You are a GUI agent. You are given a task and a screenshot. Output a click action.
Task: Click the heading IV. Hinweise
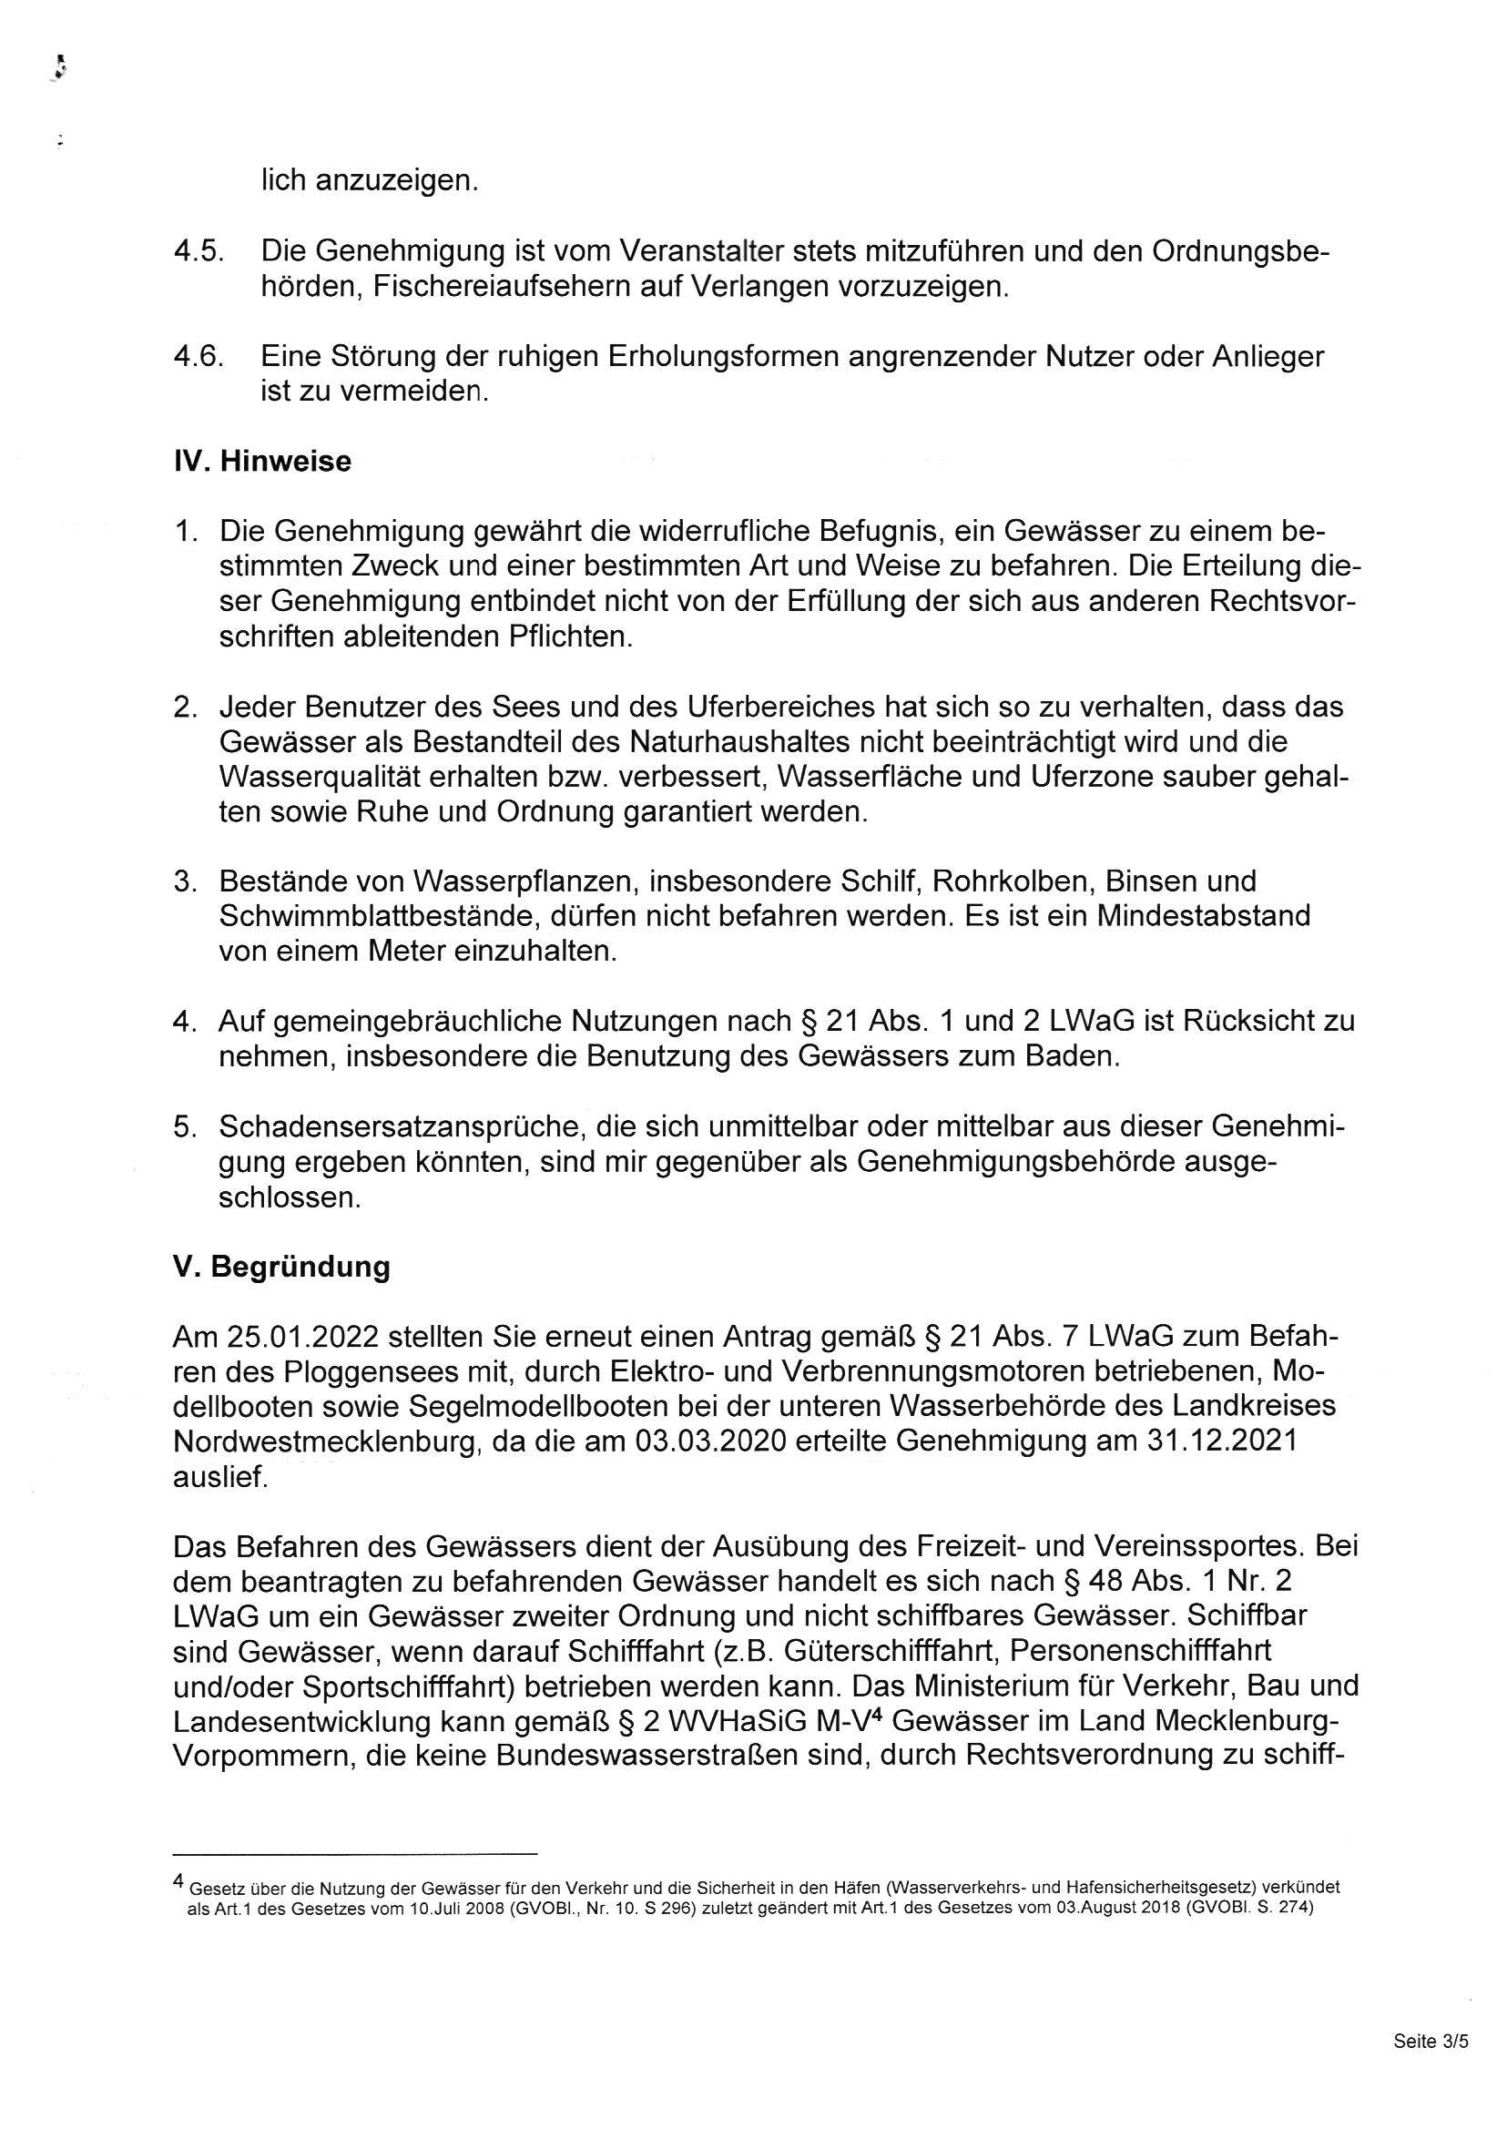point(262,462)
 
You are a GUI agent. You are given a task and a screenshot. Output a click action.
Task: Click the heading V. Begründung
point(281,1267)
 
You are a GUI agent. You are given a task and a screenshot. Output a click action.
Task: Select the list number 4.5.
point(199,251)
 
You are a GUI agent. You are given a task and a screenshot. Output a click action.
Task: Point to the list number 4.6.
point(199,356)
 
